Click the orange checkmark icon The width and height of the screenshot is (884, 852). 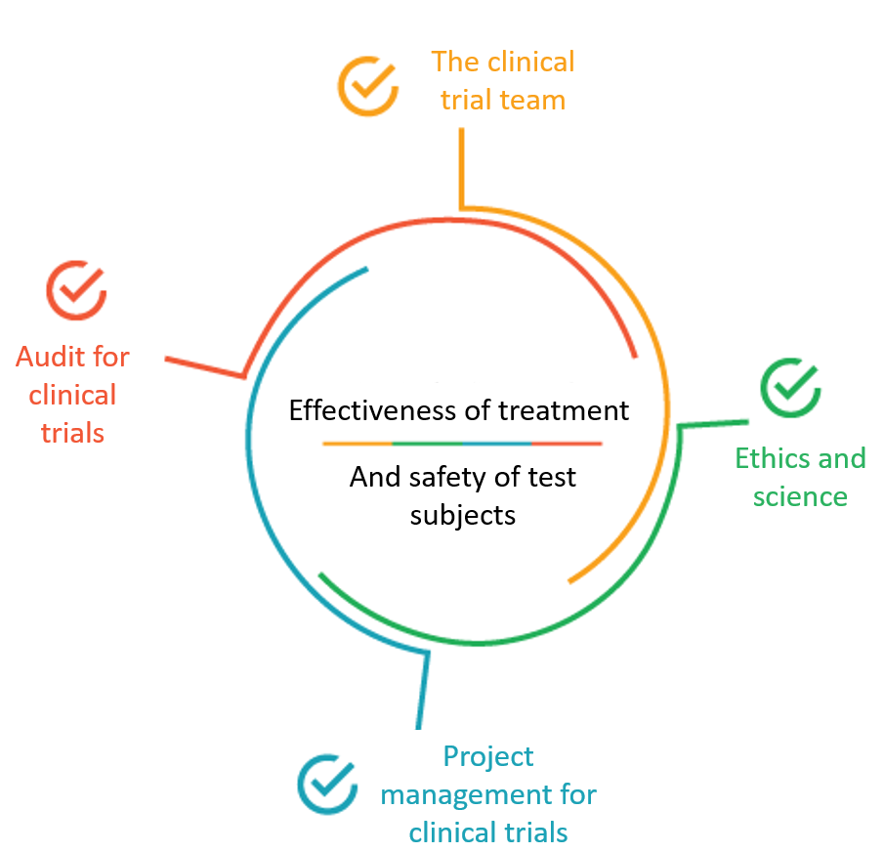coord(367,86)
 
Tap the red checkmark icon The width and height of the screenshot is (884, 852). coord(76,289)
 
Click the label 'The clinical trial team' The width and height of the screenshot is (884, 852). coord(503,81)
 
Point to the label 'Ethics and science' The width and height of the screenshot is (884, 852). coord(800,477)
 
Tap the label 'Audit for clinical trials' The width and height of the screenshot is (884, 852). coord(72,395)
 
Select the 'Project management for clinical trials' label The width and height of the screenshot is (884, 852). coord(488,794)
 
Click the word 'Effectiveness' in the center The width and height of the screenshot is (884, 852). coord(373,409)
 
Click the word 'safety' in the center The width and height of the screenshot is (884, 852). coord(439,477)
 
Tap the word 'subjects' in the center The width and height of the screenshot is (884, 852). coord(463,514)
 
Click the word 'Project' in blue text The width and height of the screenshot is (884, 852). coord(488,756)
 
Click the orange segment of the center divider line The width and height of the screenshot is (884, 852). coord(358,444)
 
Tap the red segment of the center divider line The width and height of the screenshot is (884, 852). coord(567,444)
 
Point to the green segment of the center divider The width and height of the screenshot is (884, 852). coord(427,444)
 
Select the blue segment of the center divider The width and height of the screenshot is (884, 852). coord(496,444)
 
